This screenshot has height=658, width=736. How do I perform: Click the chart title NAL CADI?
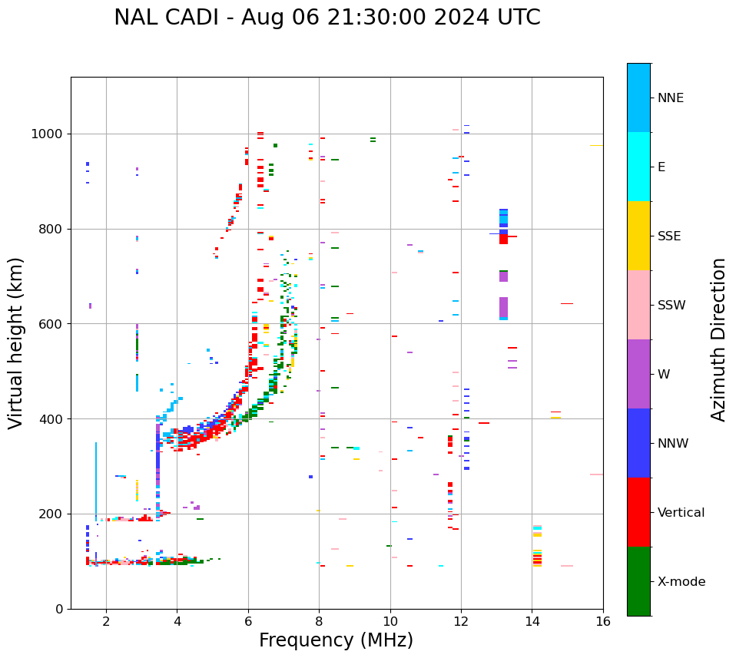coord(327,18)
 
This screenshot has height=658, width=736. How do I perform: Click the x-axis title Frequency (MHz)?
coord(336,640)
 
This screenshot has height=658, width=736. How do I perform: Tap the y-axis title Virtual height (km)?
coord(16,343)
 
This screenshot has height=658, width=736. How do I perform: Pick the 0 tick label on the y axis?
coord(60,609)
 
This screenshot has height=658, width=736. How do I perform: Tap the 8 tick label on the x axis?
coord(319,621)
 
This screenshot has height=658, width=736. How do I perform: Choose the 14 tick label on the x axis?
coord(532,621)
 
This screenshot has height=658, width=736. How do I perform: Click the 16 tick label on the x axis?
coord(602,621)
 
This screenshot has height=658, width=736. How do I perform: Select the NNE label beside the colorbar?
coord(670,98)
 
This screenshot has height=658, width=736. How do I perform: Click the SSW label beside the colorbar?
coord(671,306)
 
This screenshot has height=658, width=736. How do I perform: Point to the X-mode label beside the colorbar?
coord(681,582)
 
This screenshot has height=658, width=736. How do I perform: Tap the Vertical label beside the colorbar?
coord(681,513)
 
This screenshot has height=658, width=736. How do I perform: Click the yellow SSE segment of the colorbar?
coord(638,236)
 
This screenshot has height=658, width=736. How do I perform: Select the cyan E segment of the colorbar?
coord(638,167)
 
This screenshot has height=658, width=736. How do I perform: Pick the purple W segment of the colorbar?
coord(638,374)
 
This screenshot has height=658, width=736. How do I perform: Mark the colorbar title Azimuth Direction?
coord(718,339)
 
